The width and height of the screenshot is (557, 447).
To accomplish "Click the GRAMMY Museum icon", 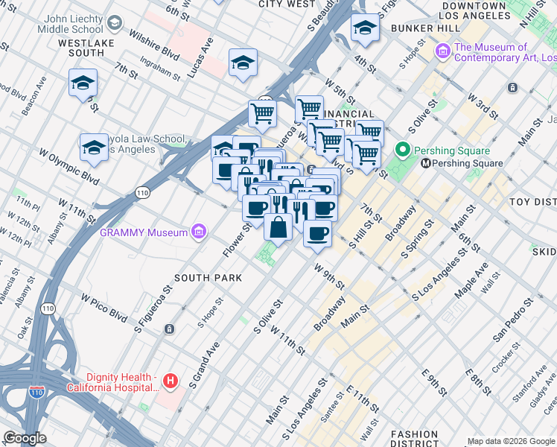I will [198, 233].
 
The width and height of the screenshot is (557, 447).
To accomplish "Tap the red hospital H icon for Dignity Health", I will [171, 381].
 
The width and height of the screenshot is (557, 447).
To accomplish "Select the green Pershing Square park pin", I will [404, 150].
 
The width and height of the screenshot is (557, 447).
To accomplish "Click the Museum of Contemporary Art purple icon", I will [443, 52].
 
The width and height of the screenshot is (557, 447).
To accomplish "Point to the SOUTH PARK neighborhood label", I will [209, 278].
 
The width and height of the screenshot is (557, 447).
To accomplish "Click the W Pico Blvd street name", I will [104, 306].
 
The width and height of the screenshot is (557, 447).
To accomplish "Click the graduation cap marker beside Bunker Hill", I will [365, 28].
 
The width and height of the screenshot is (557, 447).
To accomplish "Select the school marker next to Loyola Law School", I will [94, 148].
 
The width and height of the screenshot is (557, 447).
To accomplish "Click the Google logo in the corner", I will [25, 438].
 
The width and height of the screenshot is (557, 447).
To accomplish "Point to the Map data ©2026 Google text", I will [511, 441].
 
